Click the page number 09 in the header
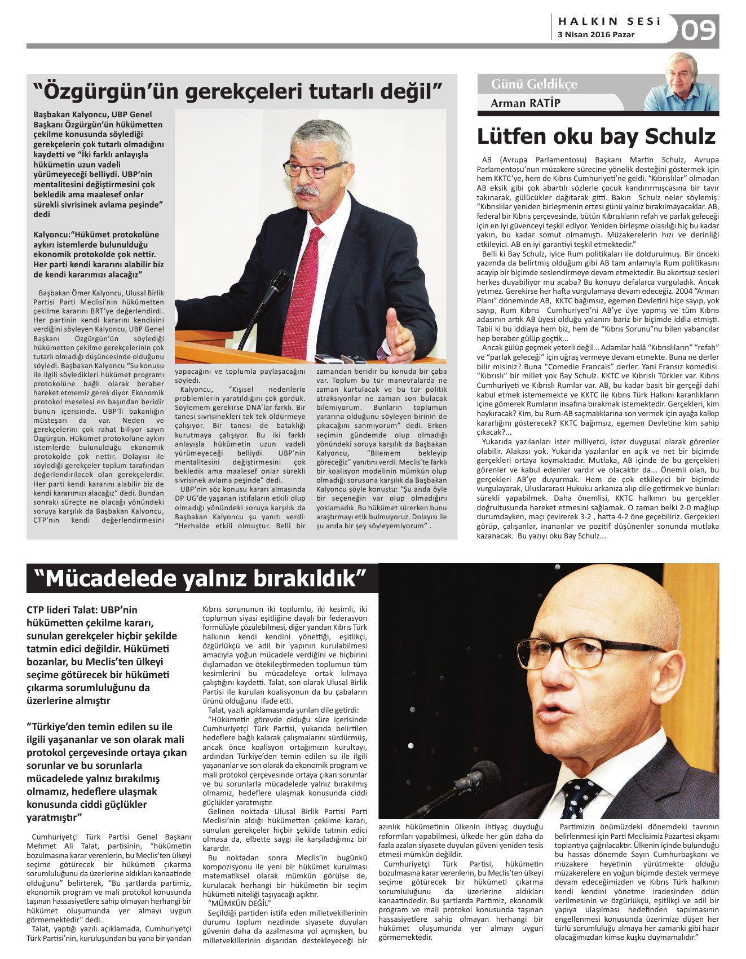pyautogui.click(x=699, y=30)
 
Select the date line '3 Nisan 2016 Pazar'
pyautogui.click(x=596, y=35)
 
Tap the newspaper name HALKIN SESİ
pyautogui.click(x=609, y=21)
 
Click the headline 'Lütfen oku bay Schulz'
pyautogui.click(x=596, y=136)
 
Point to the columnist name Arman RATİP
pyautogui.click(x=526, y=103)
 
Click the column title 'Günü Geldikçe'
pyautogui.click(x=534, y=85)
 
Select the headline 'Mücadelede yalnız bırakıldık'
pyautogui.click(x=201, y=578)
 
